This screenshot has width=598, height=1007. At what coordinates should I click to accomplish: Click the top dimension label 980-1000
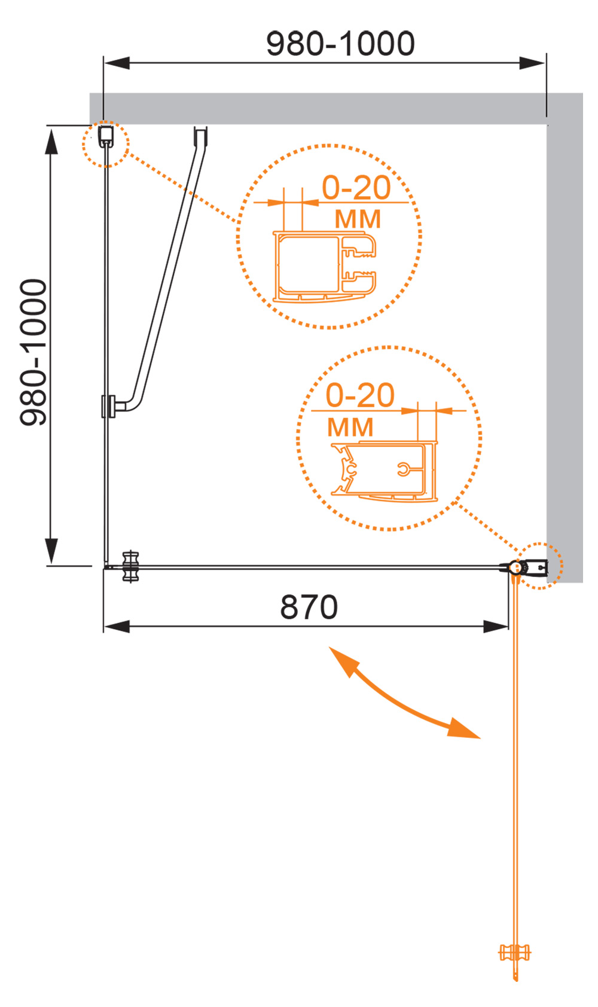click(340, 44)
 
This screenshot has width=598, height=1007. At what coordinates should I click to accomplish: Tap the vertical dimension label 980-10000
click(33, 352)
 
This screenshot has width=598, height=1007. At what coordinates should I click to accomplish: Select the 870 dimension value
click(309, 607)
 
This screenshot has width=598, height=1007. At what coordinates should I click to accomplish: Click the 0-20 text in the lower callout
click(360, 395)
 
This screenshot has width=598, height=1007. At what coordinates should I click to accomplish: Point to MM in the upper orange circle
click(358, 219)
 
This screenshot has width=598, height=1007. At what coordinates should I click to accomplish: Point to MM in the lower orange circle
click(350, 427)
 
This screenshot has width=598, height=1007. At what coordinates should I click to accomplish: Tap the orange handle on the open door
click(515, 952)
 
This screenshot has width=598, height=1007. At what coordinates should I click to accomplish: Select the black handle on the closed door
click(130, 566)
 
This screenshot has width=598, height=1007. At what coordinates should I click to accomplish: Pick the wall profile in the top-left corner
click(106, 136)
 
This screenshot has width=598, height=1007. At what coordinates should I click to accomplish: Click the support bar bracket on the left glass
click(109, 407)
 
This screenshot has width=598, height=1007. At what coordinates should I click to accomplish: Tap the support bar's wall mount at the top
click(200, 136)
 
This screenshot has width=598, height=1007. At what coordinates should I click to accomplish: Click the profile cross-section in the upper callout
click(325, 266)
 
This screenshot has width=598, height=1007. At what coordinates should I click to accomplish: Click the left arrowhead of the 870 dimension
click(117, 626)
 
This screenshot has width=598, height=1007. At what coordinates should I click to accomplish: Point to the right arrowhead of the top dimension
click(532, 63)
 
